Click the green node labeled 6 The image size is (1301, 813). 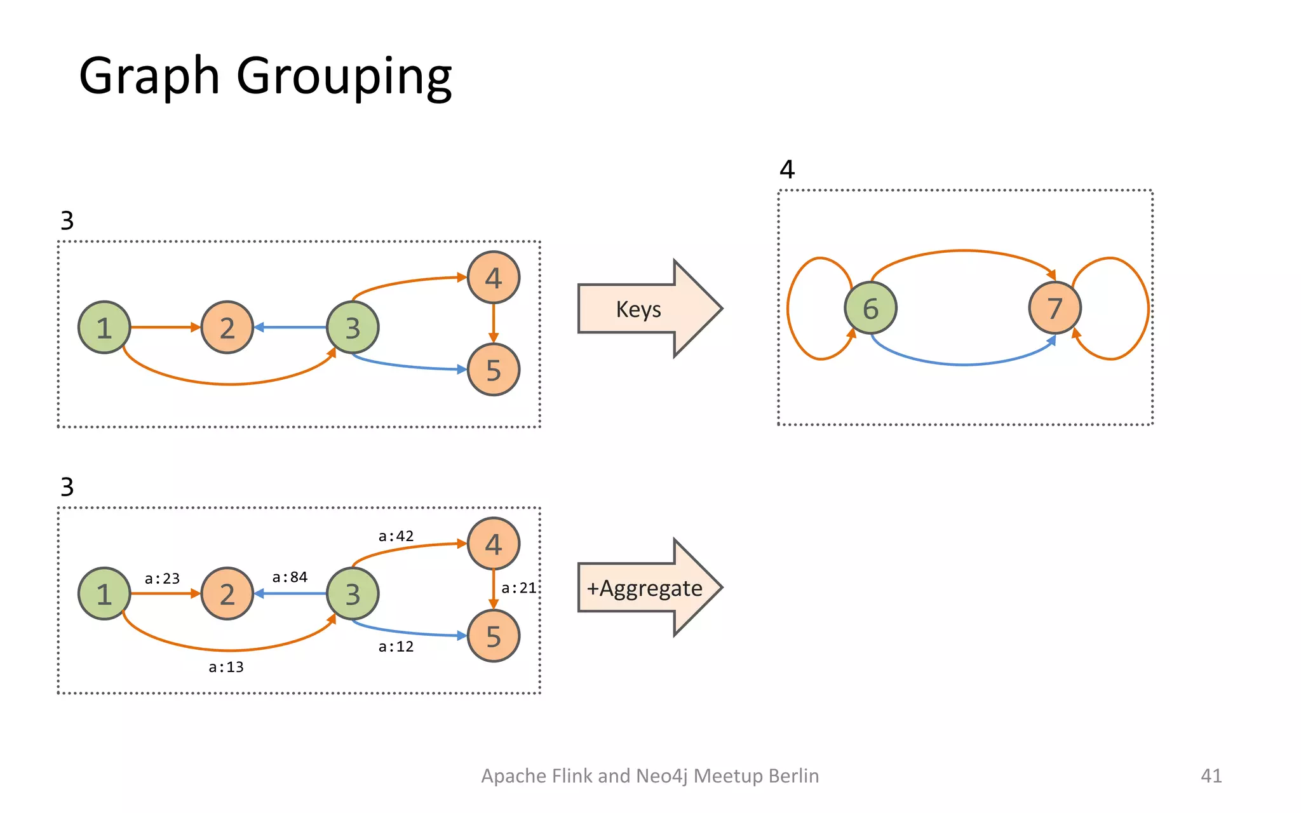point(870,308)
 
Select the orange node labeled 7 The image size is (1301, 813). point(1055,308)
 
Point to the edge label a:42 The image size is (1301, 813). point(396,536)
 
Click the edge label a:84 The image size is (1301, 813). point(290,577)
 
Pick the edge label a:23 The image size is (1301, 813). point(162,579)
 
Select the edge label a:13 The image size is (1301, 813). point(226,667)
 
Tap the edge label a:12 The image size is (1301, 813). point(396,647)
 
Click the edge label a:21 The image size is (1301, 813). point(518,588)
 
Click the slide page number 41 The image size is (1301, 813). point(1211,776)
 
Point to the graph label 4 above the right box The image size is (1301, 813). point(787,170)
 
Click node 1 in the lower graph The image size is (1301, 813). point(104,594)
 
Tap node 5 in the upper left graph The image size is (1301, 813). point(494,370)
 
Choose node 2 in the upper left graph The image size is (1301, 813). point(227,328)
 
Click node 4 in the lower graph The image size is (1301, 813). point(494,544)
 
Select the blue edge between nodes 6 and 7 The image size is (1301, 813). point(963,365)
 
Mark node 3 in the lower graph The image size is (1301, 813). point(353,594)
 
